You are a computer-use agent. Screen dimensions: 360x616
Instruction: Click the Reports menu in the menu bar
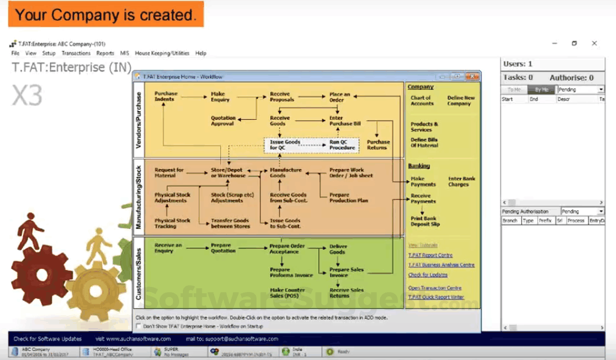coord(105,54)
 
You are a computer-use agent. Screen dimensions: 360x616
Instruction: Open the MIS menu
coord(125,54)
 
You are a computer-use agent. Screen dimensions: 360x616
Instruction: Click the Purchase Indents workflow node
coord(165,97)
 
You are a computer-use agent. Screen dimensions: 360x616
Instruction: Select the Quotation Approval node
coord(223,120)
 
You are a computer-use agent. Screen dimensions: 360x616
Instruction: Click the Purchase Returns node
coord(378,145)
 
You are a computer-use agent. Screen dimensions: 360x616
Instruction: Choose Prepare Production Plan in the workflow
coord(348,198)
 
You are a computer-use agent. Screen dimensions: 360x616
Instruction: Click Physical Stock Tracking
coord(173,223)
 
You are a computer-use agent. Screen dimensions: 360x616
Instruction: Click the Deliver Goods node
coord(337,249)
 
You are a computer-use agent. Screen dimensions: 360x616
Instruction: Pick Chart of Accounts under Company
coord(421,100)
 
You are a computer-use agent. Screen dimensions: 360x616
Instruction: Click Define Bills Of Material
coord(424,142)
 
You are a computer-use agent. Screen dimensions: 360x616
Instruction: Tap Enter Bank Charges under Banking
coord(461,182)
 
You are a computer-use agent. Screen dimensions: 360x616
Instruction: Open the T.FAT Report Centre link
coord(430,255)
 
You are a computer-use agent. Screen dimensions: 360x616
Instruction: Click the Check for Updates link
coord(428,275)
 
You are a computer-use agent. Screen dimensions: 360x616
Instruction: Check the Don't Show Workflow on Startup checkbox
coord(139,326)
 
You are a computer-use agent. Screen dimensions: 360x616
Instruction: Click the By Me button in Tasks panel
coord(542,90)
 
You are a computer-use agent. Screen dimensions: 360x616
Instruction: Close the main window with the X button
coord(594,44)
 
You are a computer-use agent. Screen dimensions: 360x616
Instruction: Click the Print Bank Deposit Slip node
coord(424,221)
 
